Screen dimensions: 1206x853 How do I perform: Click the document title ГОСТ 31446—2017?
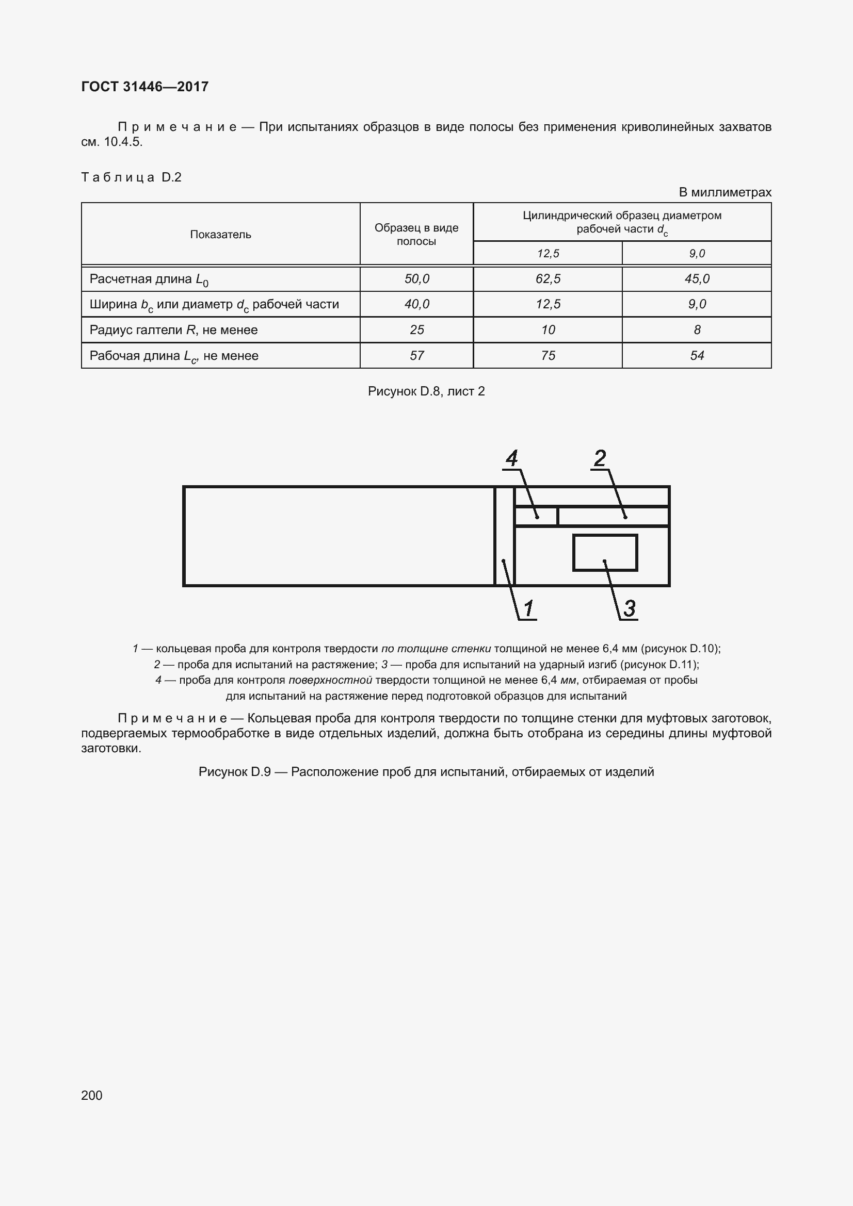(144, 87)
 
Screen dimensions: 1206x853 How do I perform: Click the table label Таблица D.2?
(132, 177)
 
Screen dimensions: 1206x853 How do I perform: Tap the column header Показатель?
(220, 234)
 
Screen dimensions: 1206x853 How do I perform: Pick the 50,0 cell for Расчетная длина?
(416, 279)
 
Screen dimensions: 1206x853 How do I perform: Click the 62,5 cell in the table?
(548, 279)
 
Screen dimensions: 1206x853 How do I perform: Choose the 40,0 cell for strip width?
(416, 304)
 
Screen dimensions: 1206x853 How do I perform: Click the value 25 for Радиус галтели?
(416, 330)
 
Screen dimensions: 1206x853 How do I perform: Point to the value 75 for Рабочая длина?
(548, 356)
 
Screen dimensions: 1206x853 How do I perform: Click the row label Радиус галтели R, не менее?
(173, 330)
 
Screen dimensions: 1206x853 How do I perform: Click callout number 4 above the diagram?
(511, 458)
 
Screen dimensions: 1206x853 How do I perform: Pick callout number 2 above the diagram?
(600, 458)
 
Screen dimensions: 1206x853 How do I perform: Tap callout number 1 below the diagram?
(529, 608)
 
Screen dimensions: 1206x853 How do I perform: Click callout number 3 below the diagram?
(629, 608)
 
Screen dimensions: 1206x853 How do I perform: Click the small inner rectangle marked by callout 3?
(605, 552)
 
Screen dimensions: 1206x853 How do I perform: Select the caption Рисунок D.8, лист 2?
(426, 391)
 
